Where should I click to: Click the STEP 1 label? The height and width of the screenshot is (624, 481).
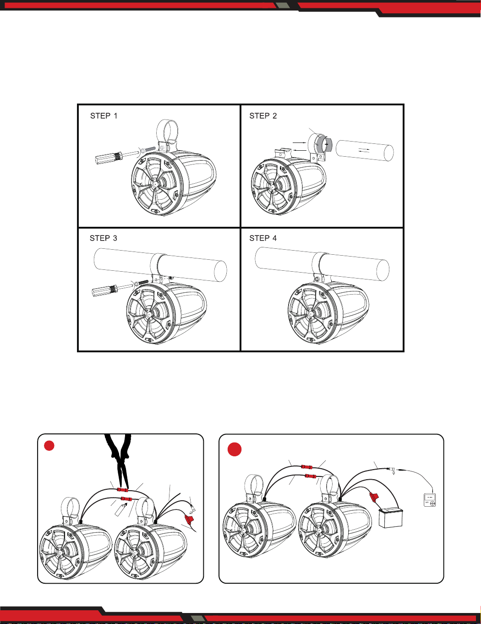[104, 116]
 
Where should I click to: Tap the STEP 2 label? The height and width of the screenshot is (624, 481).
[263, 116]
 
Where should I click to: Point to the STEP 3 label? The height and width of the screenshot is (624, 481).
[104, 238]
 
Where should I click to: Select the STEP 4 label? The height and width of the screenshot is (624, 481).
[263, 238]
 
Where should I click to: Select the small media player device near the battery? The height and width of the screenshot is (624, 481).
[430, 500]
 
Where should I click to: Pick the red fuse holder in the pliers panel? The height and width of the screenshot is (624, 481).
[189, 519]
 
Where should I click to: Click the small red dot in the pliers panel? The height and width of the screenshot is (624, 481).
[49, 445]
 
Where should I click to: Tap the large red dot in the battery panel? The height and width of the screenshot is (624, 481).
[235, 449]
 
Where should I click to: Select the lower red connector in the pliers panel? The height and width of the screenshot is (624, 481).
[127, 499]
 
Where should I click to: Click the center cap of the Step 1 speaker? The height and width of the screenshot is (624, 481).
[155, 183]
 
